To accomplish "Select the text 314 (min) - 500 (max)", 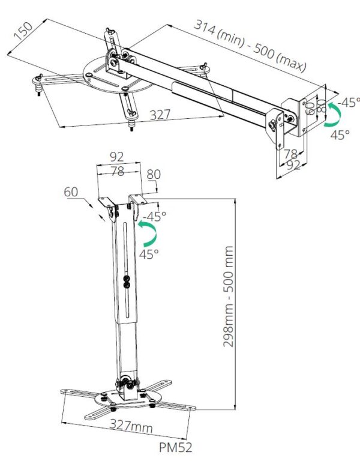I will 250,45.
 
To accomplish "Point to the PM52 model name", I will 176,447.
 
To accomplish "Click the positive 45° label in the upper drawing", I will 340,135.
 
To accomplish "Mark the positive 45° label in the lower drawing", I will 149,253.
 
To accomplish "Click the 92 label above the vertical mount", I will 117,157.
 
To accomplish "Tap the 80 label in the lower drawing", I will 154,175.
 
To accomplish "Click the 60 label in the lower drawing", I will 72,191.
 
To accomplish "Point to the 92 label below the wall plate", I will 293,166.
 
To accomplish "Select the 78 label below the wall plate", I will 291,154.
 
